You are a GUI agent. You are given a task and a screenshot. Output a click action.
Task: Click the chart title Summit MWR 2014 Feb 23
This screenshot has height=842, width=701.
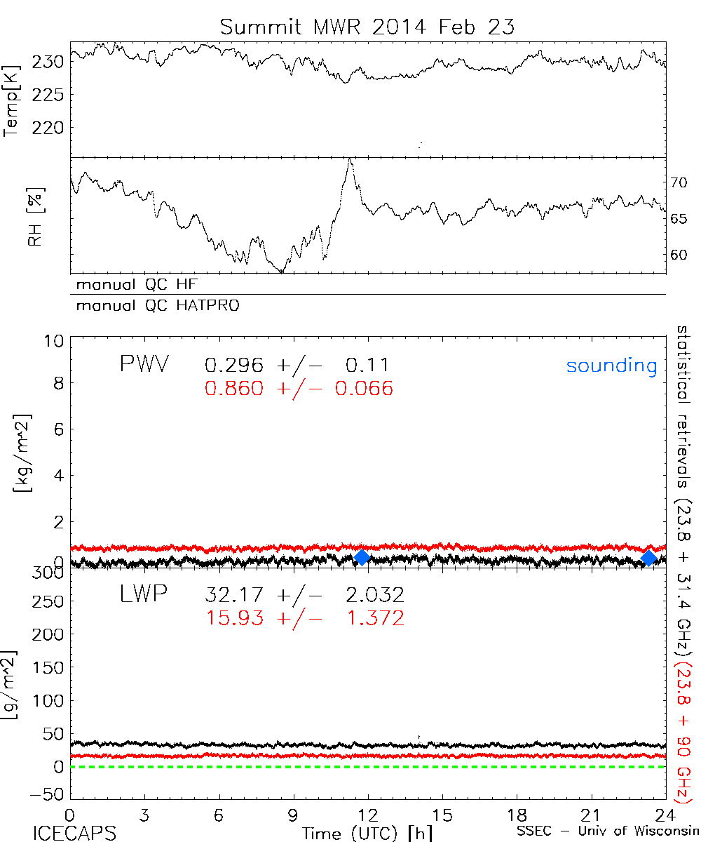(367, 27)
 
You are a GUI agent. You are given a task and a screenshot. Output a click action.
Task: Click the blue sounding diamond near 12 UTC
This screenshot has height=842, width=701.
(362, 557)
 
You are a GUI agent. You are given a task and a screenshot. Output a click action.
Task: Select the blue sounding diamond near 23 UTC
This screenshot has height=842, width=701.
(649, 558)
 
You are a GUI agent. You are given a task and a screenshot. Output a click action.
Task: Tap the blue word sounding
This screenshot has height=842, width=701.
(612, 366)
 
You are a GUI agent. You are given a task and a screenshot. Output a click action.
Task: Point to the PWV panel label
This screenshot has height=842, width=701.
(144, 365)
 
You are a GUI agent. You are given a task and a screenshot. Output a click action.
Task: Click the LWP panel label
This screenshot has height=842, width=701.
(144, 595)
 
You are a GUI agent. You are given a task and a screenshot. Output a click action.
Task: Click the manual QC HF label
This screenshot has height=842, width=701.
(142, 285)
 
